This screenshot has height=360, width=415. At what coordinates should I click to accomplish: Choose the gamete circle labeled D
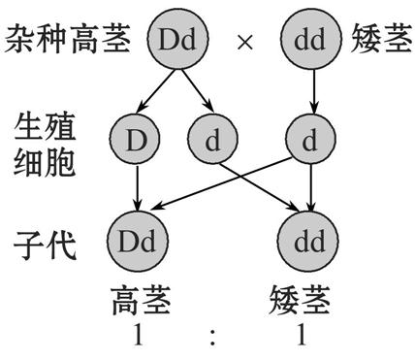[x=136, y=141]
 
